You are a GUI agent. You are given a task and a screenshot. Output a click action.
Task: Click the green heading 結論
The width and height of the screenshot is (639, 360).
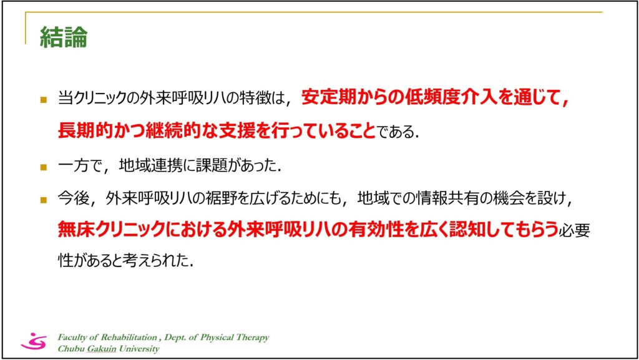point(64,37)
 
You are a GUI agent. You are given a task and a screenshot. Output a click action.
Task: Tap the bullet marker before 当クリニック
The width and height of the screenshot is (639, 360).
point(44,99)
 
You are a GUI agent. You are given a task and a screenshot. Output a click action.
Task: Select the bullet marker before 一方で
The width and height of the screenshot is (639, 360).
point(44,167)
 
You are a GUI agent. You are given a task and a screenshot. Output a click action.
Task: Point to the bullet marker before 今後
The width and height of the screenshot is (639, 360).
point(44,200)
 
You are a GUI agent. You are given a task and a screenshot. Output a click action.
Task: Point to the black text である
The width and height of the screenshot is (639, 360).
point(393,132)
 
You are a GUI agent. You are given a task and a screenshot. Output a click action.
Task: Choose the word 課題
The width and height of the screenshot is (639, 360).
point(212,165)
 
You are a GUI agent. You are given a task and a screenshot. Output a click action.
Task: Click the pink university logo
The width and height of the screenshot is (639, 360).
point(34,341)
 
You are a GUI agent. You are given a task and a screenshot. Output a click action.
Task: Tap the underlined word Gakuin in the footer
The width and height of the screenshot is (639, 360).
point(102,349)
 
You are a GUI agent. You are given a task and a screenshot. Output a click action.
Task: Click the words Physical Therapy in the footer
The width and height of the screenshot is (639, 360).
point(235,338)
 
